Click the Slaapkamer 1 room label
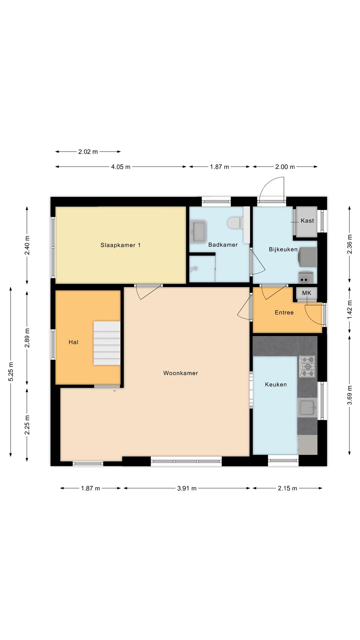point(120,245)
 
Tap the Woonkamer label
point(181,373)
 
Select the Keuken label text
point(276,384)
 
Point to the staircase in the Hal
point(107,343)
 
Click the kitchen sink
point(307,407)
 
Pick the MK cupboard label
point(307,293)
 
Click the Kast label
point(307,221)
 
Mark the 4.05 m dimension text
point(121,167)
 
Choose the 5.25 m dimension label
point(11,372)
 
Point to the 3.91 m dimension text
point(187,488)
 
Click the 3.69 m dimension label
point(350,395)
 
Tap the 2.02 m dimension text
point(88,152)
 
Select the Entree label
point(284,312)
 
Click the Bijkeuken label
point(283,249)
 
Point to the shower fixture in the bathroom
point(194,269)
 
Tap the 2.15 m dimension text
point(287,488)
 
